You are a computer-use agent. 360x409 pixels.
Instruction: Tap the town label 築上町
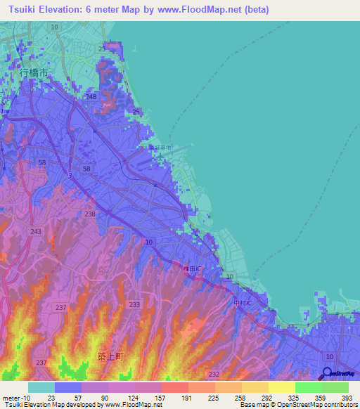(x=110, y=356)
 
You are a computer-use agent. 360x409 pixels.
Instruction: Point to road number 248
(x=90, y=96)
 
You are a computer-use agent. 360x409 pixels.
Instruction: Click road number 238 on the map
(x=90, y=214)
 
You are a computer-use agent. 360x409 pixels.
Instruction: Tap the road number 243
(x=36, y=231)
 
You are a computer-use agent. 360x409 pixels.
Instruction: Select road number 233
(x=134, y=304)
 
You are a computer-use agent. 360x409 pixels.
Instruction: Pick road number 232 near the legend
(x=214, y=374)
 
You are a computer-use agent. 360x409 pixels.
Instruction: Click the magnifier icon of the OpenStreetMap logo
(x=328, y=374)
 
